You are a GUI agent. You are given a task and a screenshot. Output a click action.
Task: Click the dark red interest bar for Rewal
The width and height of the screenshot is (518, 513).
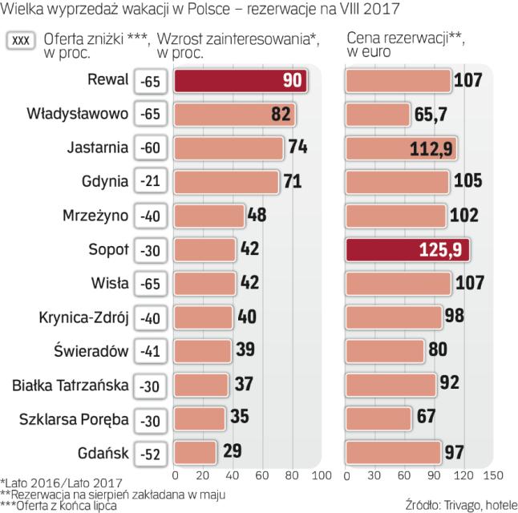click(x=241, y=81)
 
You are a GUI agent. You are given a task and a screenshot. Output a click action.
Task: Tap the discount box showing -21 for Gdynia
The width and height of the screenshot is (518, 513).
click(x=150, y=182)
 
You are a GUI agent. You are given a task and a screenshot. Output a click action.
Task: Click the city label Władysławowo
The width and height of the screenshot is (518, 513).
click(x=77, y=114)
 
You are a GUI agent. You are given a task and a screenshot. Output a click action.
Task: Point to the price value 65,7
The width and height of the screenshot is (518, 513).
click(x=431, y=115)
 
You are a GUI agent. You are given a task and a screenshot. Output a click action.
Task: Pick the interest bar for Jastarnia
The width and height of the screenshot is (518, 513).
click(x=229, y=148)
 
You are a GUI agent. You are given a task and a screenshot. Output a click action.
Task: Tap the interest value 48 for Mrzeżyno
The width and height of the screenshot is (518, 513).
click(x=257, y=216)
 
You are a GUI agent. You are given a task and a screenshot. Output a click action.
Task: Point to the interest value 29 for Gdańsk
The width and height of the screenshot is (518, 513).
click(x=233, y=451)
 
